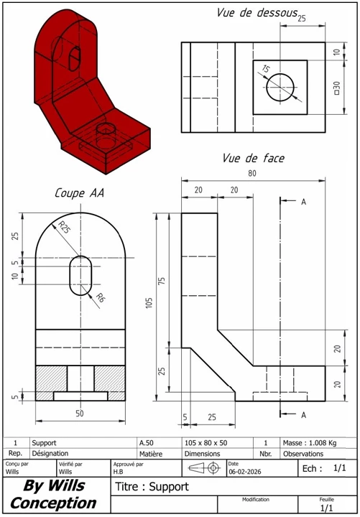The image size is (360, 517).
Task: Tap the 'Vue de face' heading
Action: (x=253, y=158)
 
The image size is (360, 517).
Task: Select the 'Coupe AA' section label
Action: (x=80, y=193)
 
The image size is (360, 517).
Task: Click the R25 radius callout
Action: (x=65, y=228)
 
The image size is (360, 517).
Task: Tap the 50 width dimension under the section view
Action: (x=80, y=414)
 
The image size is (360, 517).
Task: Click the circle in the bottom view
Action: (x=280, y=87)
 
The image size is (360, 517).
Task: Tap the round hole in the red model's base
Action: (x=106, y=130)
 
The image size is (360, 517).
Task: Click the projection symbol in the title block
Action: (x=206, y=467)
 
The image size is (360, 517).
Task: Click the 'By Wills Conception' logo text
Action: (x=53, y=494)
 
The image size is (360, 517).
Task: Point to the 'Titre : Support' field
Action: (x=152, y=487)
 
